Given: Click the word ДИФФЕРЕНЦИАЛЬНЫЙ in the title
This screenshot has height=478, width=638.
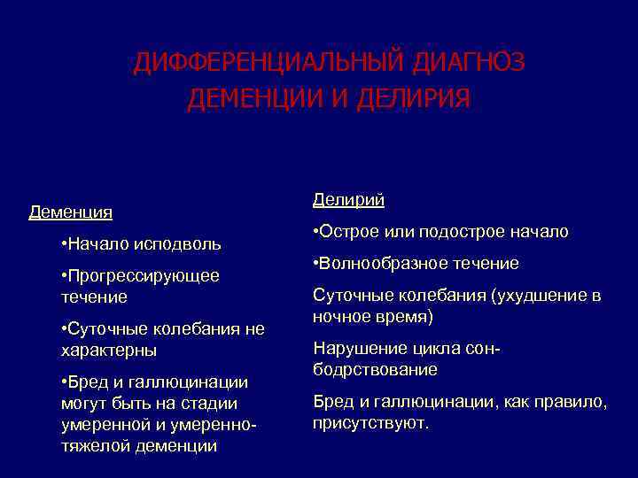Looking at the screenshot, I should (x=267, y=64).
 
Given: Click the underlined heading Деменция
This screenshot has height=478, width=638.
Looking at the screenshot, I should (x=71, y=212).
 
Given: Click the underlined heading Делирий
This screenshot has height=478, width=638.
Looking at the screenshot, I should (x=348, y=200).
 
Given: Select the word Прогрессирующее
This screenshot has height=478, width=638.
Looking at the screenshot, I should (x=142, y=275).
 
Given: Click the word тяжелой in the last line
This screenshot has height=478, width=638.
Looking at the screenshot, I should (x=95, y=446).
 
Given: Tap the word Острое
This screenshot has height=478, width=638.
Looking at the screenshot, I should (x=349, y=232).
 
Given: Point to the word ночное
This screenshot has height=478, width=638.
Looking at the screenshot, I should (x=338, y=316).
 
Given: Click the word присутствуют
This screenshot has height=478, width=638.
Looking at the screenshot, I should (x=370, y=423).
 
